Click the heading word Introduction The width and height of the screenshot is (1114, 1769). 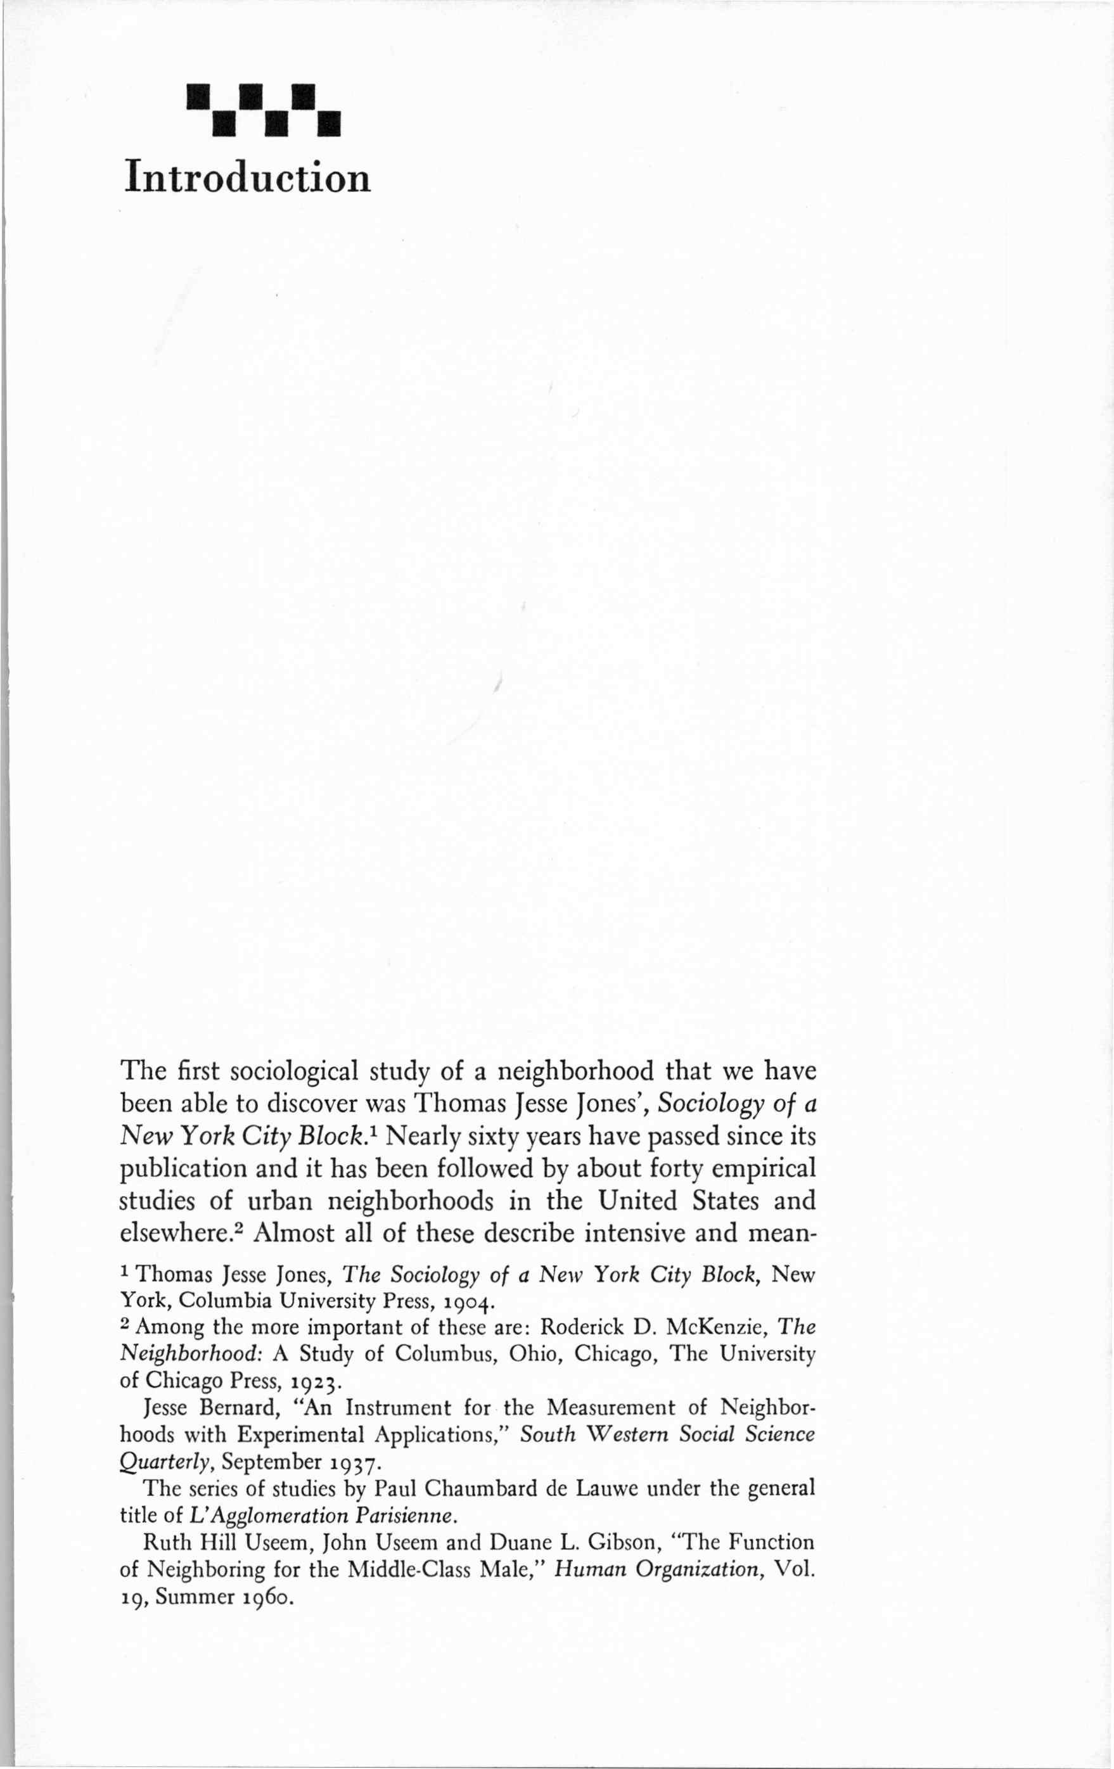[x=248, y=178]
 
